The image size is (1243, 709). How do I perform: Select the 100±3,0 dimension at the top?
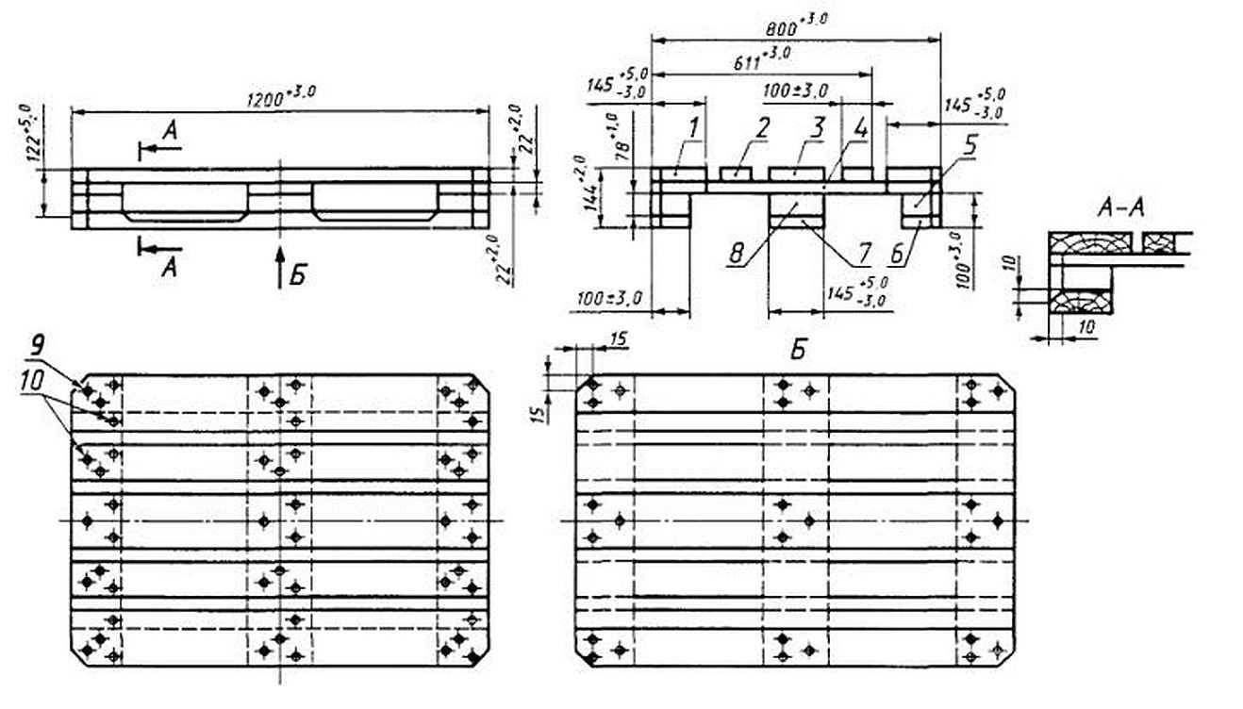pyautogui.click(x=794, y=91)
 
